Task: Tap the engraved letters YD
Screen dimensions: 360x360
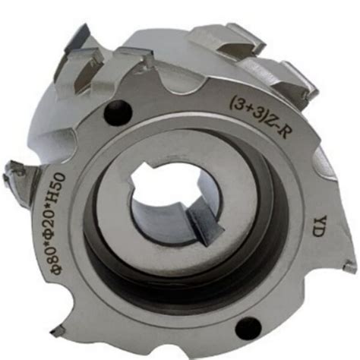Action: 318,226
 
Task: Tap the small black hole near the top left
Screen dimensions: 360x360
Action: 118,112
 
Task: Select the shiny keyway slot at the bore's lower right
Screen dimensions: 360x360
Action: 206,223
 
